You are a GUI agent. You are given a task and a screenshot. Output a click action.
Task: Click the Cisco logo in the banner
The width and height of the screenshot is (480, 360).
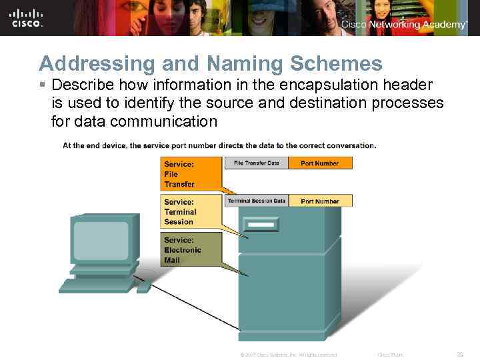tap(27, 18)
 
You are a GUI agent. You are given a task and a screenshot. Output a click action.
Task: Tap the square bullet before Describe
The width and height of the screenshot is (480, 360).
tap(43, 85)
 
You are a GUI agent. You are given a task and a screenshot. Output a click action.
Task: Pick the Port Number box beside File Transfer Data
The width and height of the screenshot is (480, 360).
tap(320, 163)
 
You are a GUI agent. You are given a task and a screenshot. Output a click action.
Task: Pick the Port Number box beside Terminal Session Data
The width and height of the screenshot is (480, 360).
tap(320, 201)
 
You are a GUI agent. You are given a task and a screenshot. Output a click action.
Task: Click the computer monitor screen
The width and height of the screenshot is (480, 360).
tap(101, 240)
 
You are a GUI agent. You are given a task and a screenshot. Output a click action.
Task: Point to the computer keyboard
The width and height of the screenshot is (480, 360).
tap(97, 285)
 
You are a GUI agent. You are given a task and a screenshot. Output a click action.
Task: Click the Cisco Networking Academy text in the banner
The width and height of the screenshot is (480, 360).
tap(404, 25)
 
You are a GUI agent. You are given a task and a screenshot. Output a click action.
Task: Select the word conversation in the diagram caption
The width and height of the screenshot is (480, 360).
tap(351, 145)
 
